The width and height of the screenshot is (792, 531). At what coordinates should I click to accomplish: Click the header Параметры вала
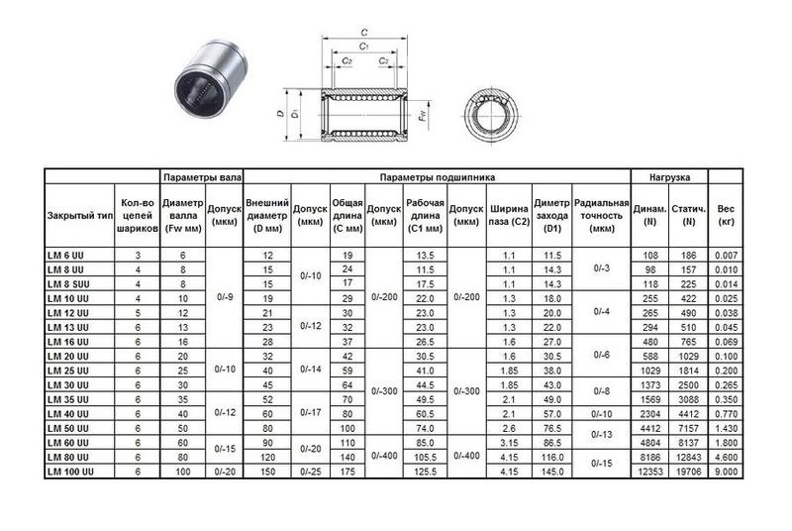[x=202, y=177]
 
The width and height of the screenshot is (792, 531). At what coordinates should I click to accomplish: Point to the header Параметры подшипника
[x=437, y=177]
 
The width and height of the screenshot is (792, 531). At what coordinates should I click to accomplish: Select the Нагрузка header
[x=670, y=177]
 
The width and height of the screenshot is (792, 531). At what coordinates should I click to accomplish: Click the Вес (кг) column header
[x=726, y=215]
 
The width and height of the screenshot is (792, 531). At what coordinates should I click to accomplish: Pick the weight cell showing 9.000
[x=726, y=471]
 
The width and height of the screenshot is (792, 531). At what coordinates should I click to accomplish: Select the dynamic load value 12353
[x=649, y=471]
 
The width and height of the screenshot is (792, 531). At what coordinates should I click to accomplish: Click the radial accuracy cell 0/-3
[x=601, y=268]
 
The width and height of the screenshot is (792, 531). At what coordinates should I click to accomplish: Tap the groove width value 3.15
[x=510, y=442]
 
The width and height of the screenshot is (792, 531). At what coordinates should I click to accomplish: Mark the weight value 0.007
[x=726, y=255]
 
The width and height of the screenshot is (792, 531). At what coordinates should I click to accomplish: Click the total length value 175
[x=346, y=471]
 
